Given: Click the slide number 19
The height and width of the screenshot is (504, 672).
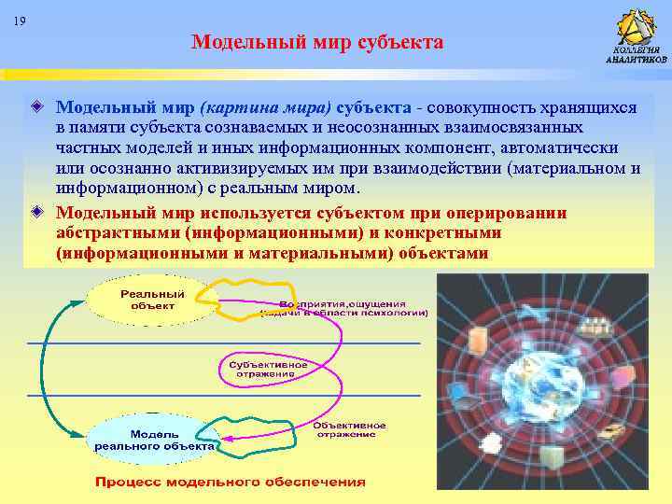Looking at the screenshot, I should click(x=21, y=21).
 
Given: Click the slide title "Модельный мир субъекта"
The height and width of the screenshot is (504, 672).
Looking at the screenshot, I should click(x=317, y=42).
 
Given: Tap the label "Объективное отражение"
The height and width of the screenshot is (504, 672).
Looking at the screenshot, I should click(x=345, y=427).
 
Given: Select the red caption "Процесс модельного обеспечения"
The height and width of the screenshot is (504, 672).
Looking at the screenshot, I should click(x=230, y=482).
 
